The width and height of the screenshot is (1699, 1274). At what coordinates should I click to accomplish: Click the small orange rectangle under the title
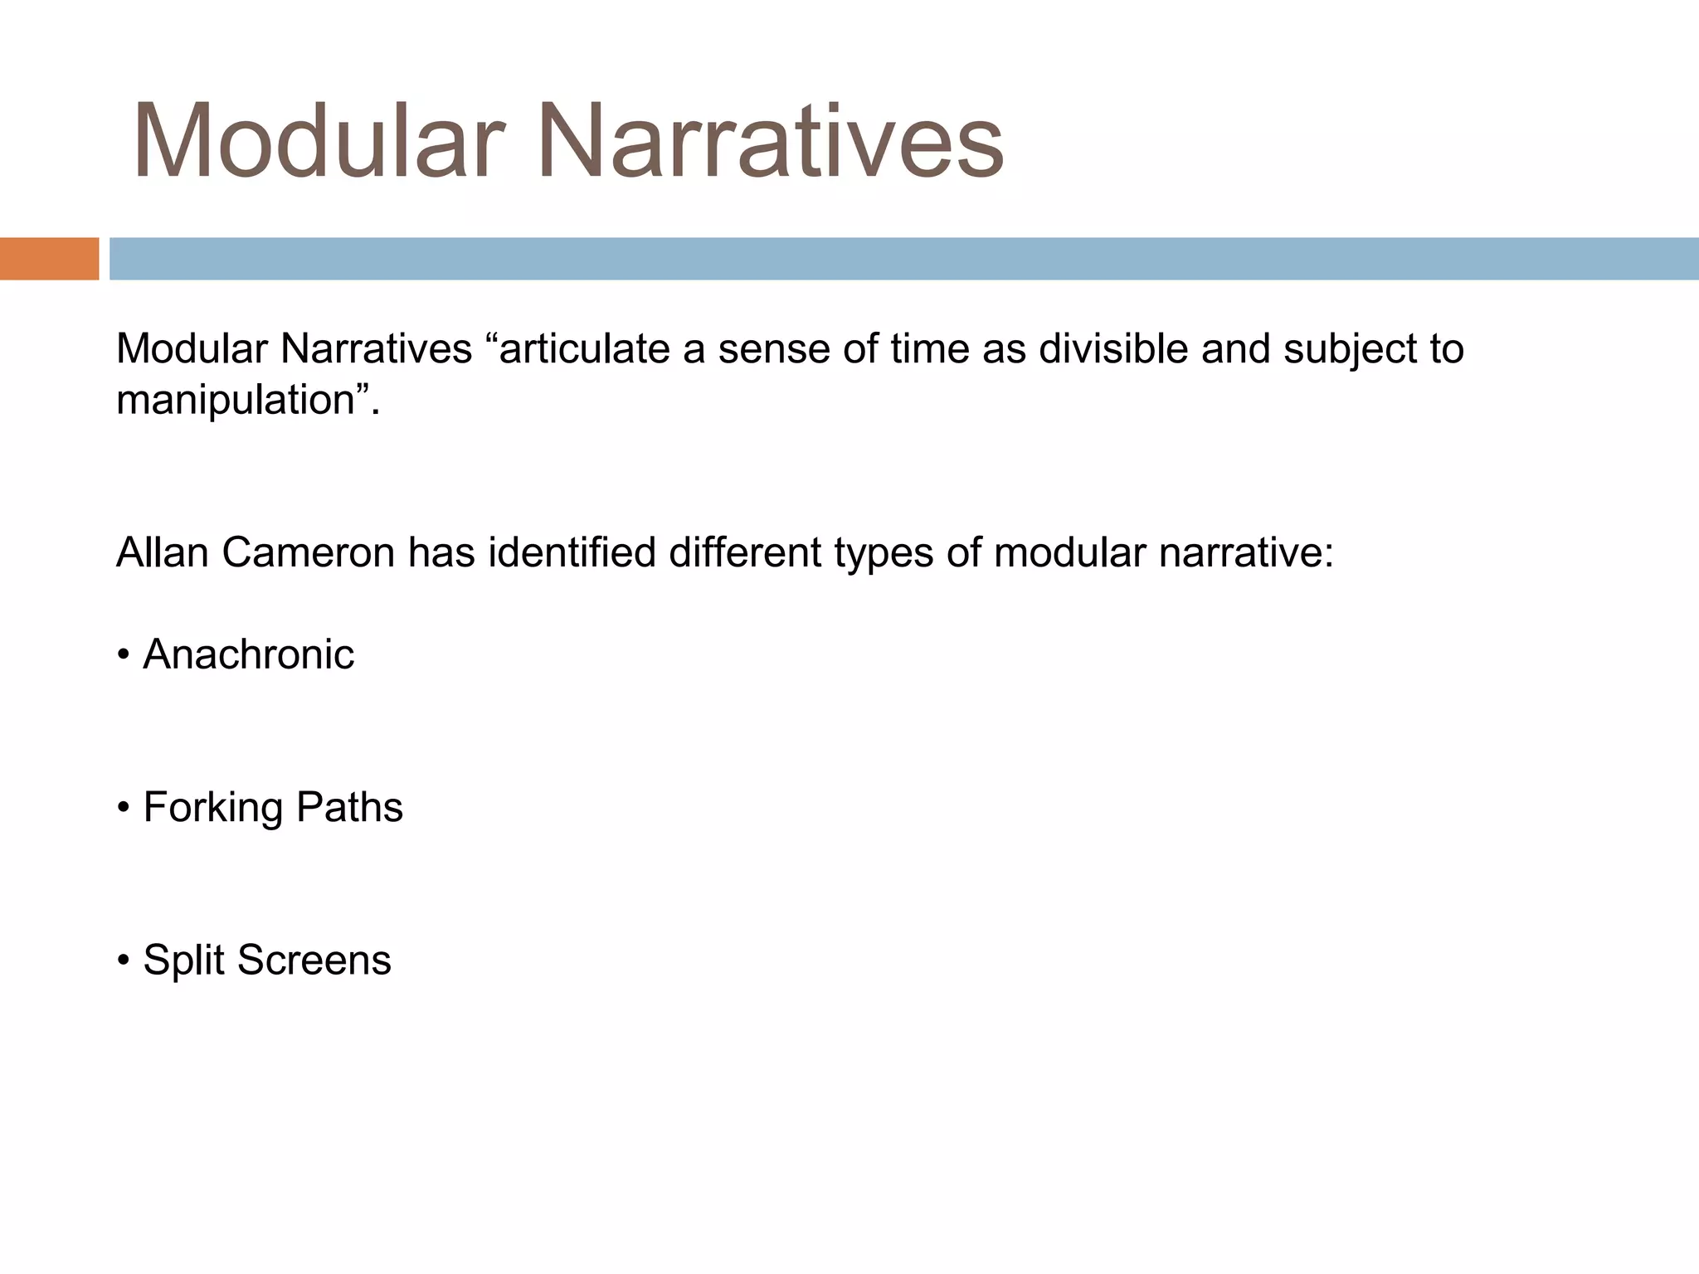[x=49, y=259]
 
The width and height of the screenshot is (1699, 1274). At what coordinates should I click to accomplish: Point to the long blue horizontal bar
[x=903, y=259]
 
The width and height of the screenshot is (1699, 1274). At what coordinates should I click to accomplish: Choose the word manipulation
[x=236, y=401]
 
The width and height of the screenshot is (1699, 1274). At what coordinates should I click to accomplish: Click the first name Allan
[x=163, y=552]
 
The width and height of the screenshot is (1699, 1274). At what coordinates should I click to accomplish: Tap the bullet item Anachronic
[x=248, y=654]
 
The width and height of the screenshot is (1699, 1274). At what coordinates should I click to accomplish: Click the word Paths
[x=349, y=807]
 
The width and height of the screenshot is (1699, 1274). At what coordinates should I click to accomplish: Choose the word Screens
[x=314, y=960]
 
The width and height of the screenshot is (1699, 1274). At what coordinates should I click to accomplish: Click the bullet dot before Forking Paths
[x=124, y=808]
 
